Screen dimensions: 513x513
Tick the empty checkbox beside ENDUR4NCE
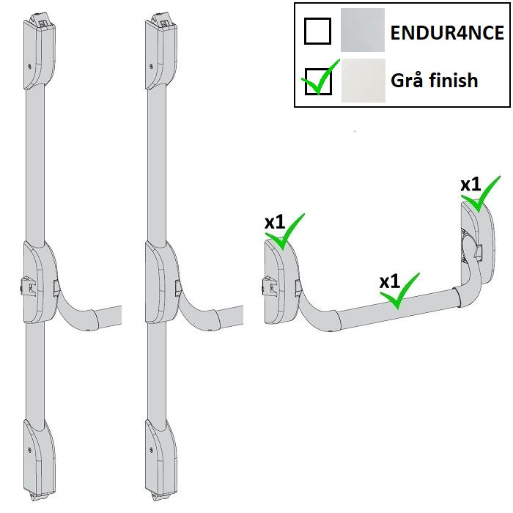point(317,32)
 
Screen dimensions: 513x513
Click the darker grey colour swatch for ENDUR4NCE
point(362,30)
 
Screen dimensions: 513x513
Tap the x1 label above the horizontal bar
point(389,281)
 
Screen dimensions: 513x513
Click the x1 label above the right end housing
point(470,184)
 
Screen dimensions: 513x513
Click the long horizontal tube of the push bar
point(396,306)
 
